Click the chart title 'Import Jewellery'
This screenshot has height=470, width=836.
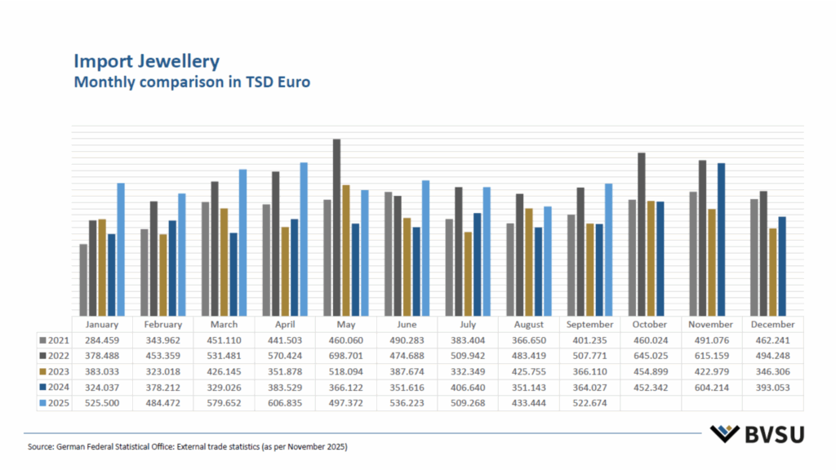(146, 61)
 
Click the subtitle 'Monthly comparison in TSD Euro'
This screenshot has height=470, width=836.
(192, 82)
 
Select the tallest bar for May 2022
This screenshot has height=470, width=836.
(336, 228)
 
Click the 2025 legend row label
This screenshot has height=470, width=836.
(55, 403)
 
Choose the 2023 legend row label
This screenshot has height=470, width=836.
(55, 372)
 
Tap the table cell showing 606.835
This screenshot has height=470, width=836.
(285, 403)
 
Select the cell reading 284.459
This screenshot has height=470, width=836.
(102, 340)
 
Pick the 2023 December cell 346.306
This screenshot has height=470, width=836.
(772, 372)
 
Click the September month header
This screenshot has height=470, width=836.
(589, 325)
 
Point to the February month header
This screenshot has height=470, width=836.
(162, 325)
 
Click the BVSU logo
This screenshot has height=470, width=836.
(756, 434)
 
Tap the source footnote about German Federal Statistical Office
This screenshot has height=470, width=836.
(192, 447)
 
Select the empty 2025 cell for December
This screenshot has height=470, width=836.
(772, 403)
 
